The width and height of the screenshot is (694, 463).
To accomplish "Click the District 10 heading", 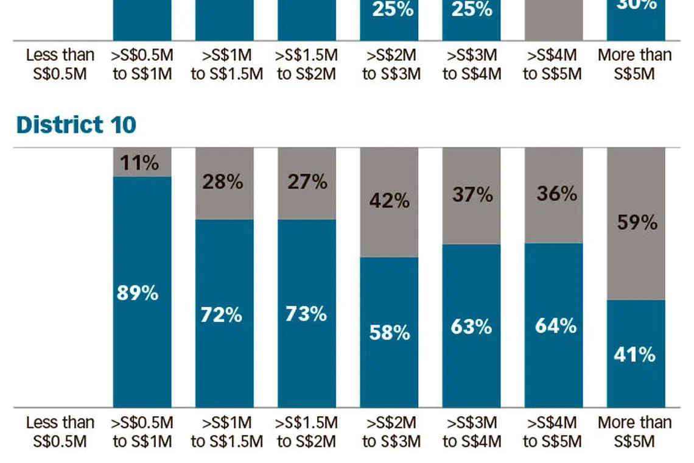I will [76, 125].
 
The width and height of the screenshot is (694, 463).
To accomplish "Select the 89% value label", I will [138, 293].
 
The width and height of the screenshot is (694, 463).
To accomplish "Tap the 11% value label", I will [139, 163].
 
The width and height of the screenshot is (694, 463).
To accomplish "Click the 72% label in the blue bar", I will [222, 315].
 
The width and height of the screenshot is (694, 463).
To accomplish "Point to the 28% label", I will [223, 182].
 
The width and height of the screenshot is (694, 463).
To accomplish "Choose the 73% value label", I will [306, 314].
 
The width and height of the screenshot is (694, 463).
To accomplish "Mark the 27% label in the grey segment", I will [307, 182].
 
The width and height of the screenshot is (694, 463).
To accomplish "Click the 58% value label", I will [390, 333].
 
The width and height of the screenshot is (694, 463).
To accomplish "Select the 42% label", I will [390, 200].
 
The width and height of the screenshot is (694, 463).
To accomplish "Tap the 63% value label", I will [471, 327].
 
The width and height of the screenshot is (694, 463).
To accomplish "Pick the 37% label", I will [472, 194].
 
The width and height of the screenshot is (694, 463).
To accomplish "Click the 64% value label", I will [556, 326].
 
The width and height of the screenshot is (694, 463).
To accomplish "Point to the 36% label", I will [556, 194].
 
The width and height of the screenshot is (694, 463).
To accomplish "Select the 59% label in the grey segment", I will [637, 223].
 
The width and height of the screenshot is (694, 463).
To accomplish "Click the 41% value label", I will [635, 355].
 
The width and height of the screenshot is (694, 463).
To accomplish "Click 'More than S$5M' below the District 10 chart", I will [635, 432].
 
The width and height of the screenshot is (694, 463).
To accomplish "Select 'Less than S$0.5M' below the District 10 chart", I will [60, 432].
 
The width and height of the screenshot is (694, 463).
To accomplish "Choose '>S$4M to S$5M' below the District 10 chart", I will [552, 432].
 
